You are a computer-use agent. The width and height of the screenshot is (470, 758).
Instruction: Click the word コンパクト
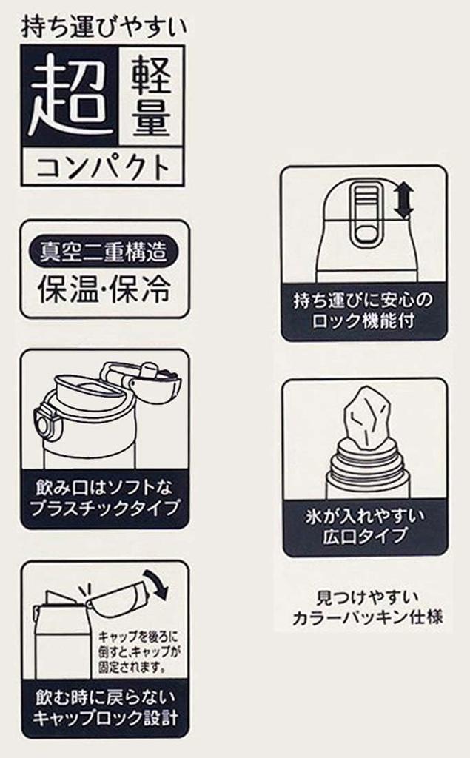tap(104, 167)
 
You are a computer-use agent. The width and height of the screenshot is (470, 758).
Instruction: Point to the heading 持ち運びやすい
tap(104, 27)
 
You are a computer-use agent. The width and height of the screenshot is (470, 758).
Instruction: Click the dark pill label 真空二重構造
tap(104, 252)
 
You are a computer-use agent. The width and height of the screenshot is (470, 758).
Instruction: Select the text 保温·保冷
tap(104, 289)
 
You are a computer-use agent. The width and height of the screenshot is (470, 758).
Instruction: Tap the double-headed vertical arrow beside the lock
tap(403, 200)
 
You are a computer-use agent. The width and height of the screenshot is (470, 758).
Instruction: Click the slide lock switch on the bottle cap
tap(368, 212)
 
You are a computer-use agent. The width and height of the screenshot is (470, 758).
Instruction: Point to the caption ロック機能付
tap(363, 321)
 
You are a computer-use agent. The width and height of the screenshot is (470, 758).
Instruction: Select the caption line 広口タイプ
tap(364, 537)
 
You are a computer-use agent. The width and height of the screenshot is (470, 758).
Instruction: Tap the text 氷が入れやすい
tap(365, 516)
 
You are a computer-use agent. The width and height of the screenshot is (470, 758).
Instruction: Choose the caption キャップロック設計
tap(105, 717)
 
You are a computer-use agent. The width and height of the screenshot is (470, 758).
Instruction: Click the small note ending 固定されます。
tap(138, 651)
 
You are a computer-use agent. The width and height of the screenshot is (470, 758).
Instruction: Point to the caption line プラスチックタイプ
tap(104, 509)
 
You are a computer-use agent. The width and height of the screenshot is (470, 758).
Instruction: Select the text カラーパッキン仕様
tap(368, 618)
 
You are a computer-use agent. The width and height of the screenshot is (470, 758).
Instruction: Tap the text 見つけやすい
tap(368, 597)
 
